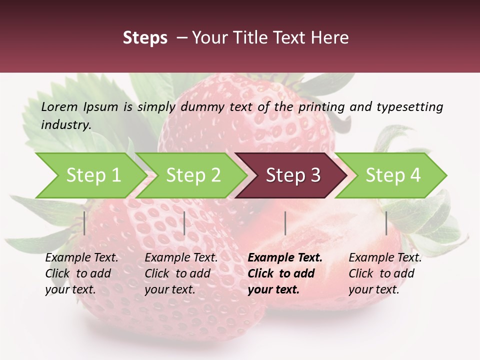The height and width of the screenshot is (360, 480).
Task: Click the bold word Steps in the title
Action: pos(145,38)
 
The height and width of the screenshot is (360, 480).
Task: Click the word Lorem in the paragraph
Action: pos(59,107)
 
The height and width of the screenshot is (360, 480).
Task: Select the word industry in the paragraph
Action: pos(65,125)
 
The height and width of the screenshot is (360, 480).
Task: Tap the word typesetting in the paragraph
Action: pos(409,107)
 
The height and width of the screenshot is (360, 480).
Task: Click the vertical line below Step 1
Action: pos(84,223)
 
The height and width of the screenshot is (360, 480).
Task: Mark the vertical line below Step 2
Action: pos(184,223)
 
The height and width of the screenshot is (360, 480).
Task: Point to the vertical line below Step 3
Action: pos(285,223)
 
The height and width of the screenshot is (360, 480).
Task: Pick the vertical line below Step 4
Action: pos(386,223)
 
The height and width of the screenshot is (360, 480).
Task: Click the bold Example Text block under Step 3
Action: pos(285,273)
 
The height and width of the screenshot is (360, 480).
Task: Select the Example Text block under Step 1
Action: pos(81,273)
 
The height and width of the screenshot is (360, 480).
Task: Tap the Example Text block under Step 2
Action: pos(181,273)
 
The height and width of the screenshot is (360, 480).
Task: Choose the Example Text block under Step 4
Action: pos(385,273)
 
